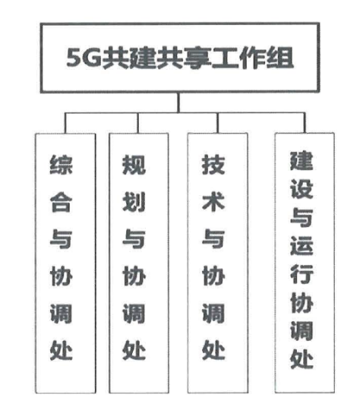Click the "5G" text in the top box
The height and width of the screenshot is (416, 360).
point(84,58)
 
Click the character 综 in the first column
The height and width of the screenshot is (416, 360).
point(61,165)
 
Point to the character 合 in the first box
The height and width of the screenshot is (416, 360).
point(61,202)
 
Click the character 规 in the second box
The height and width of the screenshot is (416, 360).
point(134,165)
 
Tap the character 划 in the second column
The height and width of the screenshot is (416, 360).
point(134,202)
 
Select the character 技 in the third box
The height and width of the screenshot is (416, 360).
point(213,165)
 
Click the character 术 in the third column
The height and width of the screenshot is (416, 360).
point(213,202)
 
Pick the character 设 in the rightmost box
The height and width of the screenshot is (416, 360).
point(302,189)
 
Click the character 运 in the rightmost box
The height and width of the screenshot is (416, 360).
point(302,246)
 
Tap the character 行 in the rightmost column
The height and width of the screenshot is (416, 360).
point(302,274)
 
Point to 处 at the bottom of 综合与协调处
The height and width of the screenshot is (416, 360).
point(61,350)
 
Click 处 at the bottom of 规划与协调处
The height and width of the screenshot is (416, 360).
point(134,350)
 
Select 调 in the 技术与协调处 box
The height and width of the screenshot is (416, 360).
point(213,314)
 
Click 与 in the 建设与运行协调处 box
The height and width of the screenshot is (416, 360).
point(302,217)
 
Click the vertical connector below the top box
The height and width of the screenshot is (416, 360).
point(178,102)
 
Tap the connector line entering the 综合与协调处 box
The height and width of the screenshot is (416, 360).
point(65,123)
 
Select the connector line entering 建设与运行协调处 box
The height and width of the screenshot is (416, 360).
point(305,123)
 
